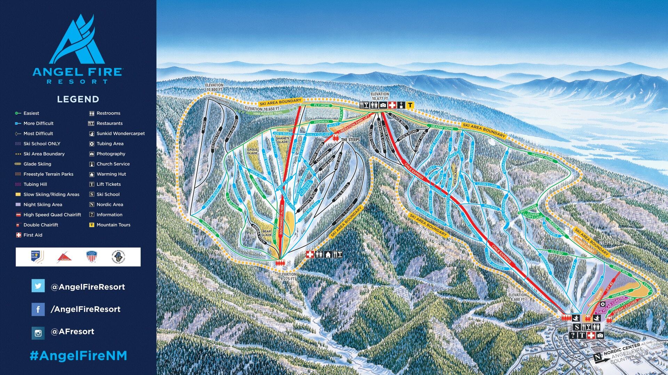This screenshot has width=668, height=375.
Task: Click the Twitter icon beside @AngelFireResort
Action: (38, 286)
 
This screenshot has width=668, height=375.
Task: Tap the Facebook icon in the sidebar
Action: (38, 309)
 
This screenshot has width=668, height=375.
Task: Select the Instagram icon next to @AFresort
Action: (38, 333)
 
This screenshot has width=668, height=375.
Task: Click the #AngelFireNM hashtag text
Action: (78, 356)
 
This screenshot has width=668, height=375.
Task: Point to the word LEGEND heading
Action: (78, 99)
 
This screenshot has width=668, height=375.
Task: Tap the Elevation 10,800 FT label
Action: (214, 87)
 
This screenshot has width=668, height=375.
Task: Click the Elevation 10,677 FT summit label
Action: (380, 96)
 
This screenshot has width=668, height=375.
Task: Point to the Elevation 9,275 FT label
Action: (287, 276)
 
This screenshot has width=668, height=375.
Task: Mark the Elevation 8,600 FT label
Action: (517, 297)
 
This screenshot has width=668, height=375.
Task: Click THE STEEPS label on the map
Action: (350, 140)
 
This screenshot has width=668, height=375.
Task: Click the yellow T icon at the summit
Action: (410, 105)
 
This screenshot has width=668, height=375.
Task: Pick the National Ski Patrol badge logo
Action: (37, 257)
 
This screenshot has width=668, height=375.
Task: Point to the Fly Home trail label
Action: (321, 105)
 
